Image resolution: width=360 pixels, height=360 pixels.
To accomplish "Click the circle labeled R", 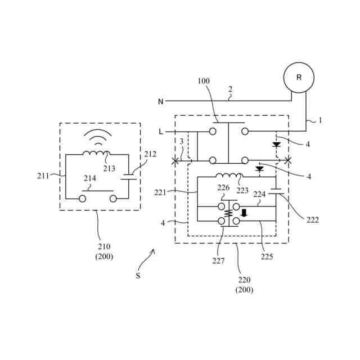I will coord(299,78).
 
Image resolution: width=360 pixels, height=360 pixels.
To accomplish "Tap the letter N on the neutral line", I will coord(160,102).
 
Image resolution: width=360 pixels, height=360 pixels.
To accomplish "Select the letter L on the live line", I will coord(161,132).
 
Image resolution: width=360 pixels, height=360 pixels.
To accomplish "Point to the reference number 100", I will coord(204,81).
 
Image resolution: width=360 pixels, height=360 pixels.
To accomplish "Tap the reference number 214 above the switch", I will coord(90,178).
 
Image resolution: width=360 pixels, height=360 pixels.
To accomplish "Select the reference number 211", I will coord(43,175).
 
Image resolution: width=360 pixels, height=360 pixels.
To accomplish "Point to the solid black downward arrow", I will coord(244,213).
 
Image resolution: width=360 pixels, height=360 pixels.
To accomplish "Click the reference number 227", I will coord(218,260).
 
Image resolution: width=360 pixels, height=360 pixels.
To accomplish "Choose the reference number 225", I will coord(267,256).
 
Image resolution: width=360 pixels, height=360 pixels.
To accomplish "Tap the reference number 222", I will coord(313,220).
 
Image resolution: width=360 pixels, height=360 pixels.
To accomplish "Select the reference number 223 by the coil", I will coord(242,191).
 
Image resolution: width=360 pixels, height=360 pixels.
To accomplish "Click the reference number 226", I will coord(224,188).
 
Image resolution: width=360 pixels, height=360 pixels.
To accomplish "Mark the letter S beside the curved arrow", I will coord(138,276).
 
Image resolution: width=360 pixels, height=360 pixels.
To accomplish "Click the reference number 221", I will coord(161,192).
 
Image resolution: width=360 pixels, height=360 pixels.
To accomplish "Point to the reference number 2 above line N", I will coord(230,89).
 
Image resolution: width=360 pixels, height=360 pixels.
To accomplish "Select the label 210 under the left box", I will coord(104,246).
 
